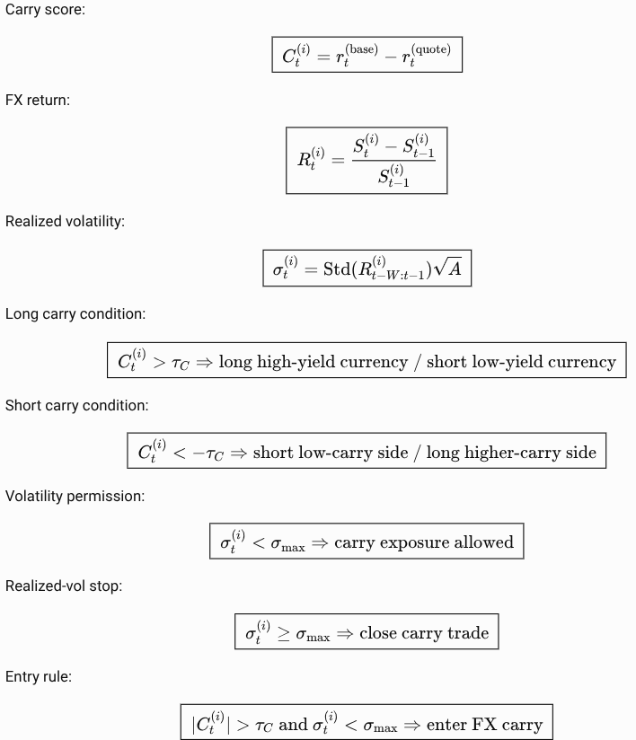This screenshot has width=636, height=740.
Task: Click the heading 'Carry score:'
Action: pyautogui.click(x=45, y=10)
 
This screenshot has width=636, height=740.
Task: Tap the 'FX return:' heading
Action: pyautogui.click(x=38, y=100)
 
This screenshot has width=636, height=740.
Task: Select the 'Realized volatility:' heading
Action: pyautogui.click(x=66, y=221)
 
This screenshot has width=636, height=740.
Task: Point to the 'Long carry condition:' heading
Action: pyautogui.click(x=75, y=313)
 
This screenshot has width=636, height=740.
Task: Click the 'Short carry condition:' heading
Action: pyautogui.click(x=77, y=405)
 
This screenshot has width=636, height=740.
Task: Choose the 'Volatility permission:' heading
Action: pyautogui.click(x=75, y=496)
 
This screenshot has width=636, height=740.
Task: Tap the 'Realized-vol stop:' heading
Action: pyautogui.click(x=64, y=586)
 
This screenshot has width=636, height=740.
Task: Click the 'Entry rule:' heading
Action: pyautogui.click(x=39, y=677)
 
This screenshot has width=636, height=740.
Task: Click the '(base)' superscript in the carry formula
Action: pyautogui.click(x=362, y=49)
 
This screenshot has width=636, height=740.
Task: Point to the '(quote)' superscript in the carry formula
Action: pyautogui.click(x=431, y=49)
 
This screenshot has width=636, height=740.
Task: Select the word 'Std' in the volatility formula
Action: pyautogui.click(x=337, y=269)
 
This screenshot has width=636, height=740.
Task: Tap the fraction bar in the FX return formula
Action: pyautogui.click(x=393, y=161)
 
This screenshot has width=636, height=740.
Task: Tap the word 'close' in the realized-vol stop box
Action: pyautogui.click(x=378, y=633)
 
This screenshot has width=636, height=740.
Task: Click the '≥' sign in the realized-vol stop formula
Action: pyautogui.click(x=283, y=634)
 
